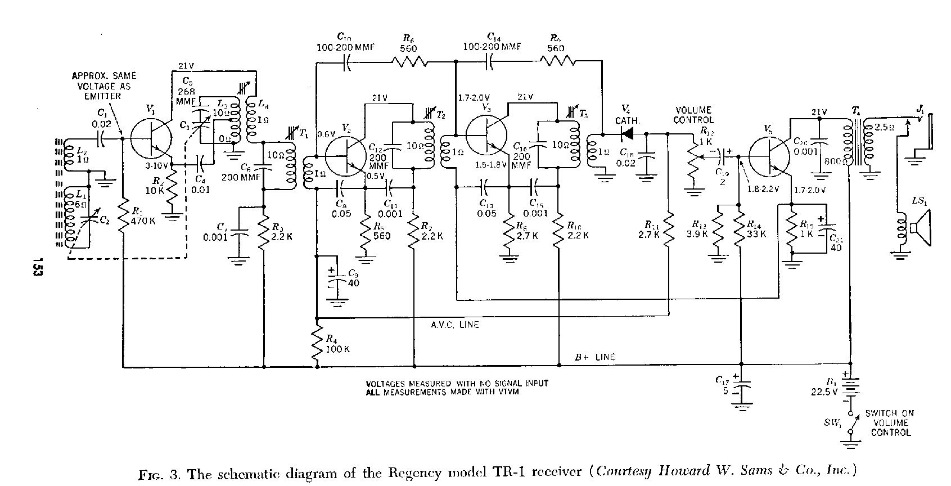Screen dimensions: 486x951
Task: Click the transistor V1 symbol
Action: point(151,138)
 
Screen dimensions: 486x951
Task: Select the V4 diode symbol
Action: point(626,134)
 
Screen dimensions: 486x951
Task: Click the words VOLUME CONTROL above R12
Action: point(693,115)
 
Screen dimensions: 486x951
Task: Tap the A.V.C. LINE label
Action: point(456,325)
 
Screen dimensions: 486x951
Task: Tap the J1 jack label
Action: point(920,111)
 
